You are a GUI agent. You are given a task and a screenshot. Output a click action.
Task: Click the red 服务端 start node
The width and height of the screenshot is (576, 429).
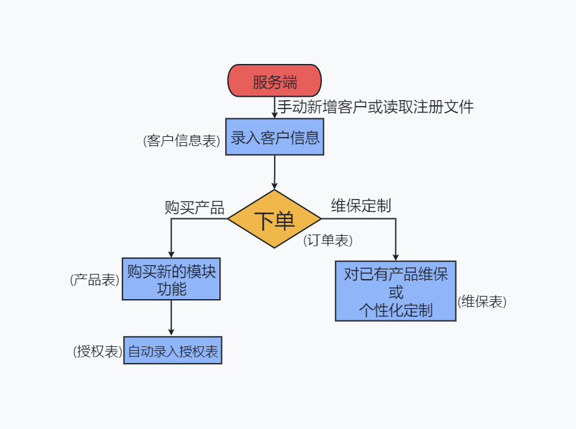tap(274, 81)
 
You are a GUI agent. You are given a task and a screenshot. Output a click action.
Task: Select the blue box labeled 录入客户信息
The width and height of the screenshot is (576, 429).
tap(274, 137)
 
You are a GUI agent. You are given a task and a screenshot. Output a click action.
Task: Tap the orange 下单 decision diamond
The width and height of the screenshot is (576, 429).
tap(274, 219)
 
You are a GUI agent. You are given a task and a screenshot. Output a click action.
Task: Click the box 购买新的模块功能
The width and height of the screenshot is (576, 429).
tap(171, 280)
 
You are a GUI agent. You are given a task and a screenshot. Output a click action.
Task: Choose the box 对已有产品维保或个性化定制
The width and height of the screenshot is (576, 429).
tap(395, 291)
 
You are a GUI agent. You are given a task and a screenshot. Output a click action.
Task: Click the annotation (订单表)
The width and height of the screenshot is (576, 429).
tap(328, 240)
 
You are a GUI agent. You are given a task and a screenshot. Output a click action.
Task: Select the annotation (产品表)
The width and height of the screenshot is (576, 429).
tap(95, 280)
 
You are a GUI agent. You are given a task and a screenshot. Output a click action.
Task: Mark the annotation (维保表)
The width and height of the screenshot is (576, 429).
tap(482, 302)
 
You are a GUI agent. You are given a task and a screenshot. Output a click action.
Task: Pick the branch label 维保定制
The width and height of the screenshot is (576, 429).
tap(361, 205)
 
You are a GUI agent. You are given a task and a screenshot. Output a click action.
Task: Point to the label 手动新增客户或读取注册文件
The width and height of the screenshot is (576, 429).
tap(375, 107)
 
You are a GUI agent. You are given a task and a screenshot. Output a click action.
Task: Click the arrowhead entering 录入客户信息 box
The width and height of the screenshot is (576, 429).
tap(274, 114)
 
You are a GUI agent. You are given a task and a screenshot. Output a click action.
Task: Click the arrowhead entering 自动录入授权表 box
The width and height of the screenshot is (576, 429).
tap(171, 333)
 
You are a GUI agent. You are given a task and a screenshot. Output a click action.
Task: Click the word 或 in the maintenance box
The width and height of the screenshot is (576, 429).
tap(396, 292)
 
